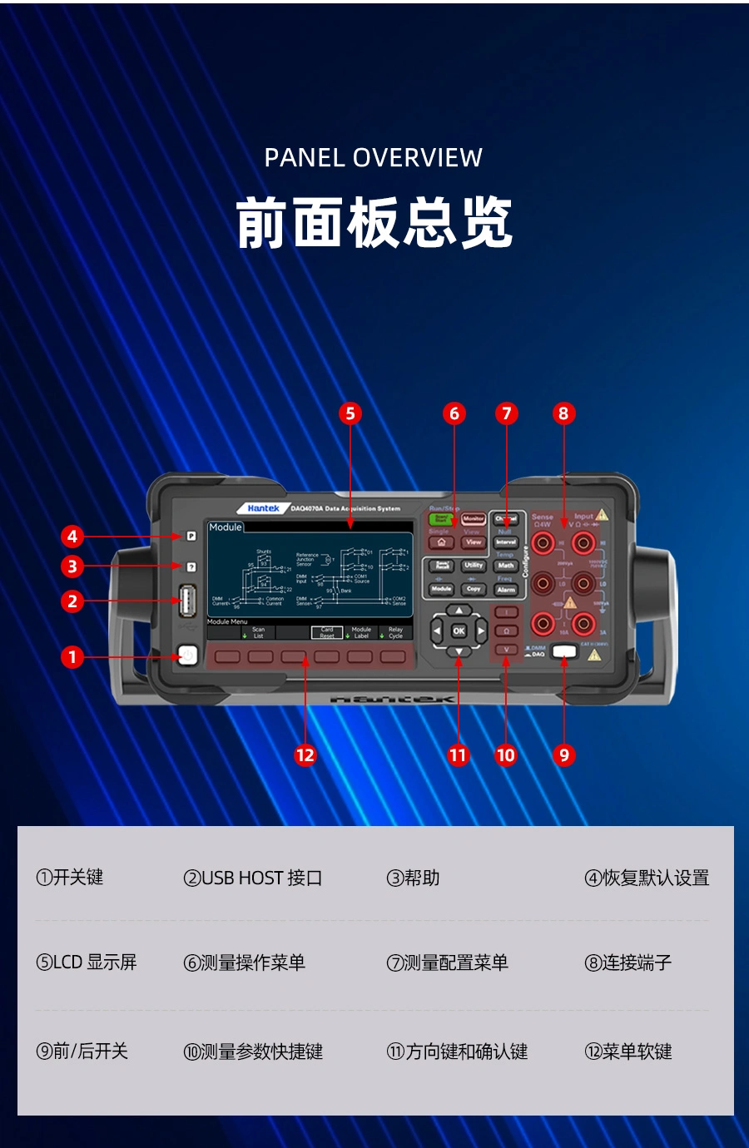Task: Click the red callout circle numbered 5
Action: coord(350,413)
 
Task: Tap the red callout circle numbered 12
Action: coord(305,755)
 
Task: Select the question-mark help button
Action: coord(191,567)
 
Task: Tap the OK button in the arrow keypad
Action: coord(459,631)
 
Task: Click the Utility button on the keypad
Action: coord(474,566)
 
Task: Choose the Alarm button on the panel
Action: coord(506,589)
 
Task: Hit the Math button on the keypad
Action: coord(506,566)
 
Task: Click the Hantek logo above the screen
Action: coord(263,507)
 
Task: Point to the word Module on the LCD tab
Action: coord(226,527)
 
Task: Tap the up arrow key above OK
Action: coord(459,611)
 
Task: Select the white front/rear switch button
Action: coord(564,651)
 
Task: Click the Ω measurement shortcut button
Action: coord(506,631)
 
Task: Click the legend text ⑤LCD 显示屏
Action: coord(87,962)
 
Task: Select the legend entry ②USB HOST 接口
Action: coord(252,878)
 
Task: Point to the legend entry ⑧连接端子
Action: coord(627,962)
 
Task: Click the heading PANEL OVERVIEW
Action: coord(374,157)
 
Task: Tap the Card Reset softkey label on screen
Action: coord(327,632)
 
